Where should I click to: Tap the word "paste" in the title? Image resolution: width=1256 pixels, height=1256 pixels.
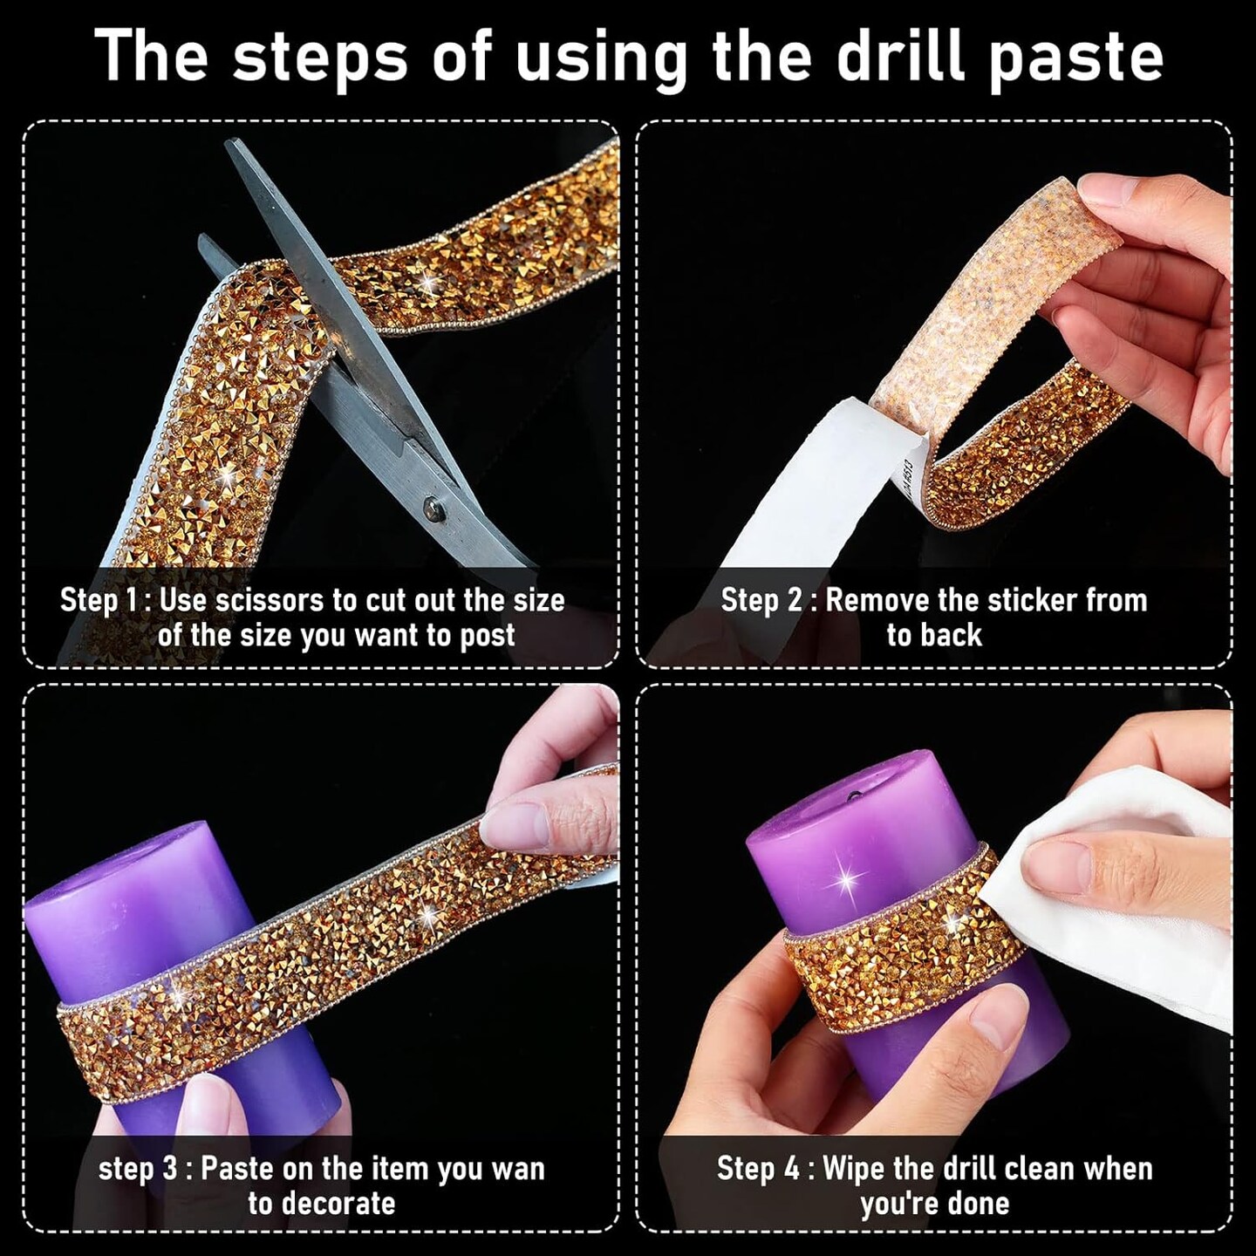tap(1075, 62)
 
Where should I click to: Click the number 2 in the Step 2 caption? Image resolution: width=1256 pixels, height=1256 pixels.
tap(794, 600)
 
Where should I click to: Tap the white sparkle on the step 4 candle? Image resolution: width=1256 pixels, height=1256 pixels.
tap(846, 882)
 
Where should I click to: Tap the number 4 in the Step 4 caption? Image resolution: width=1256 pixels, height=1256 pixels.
tap(790, 1170)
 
